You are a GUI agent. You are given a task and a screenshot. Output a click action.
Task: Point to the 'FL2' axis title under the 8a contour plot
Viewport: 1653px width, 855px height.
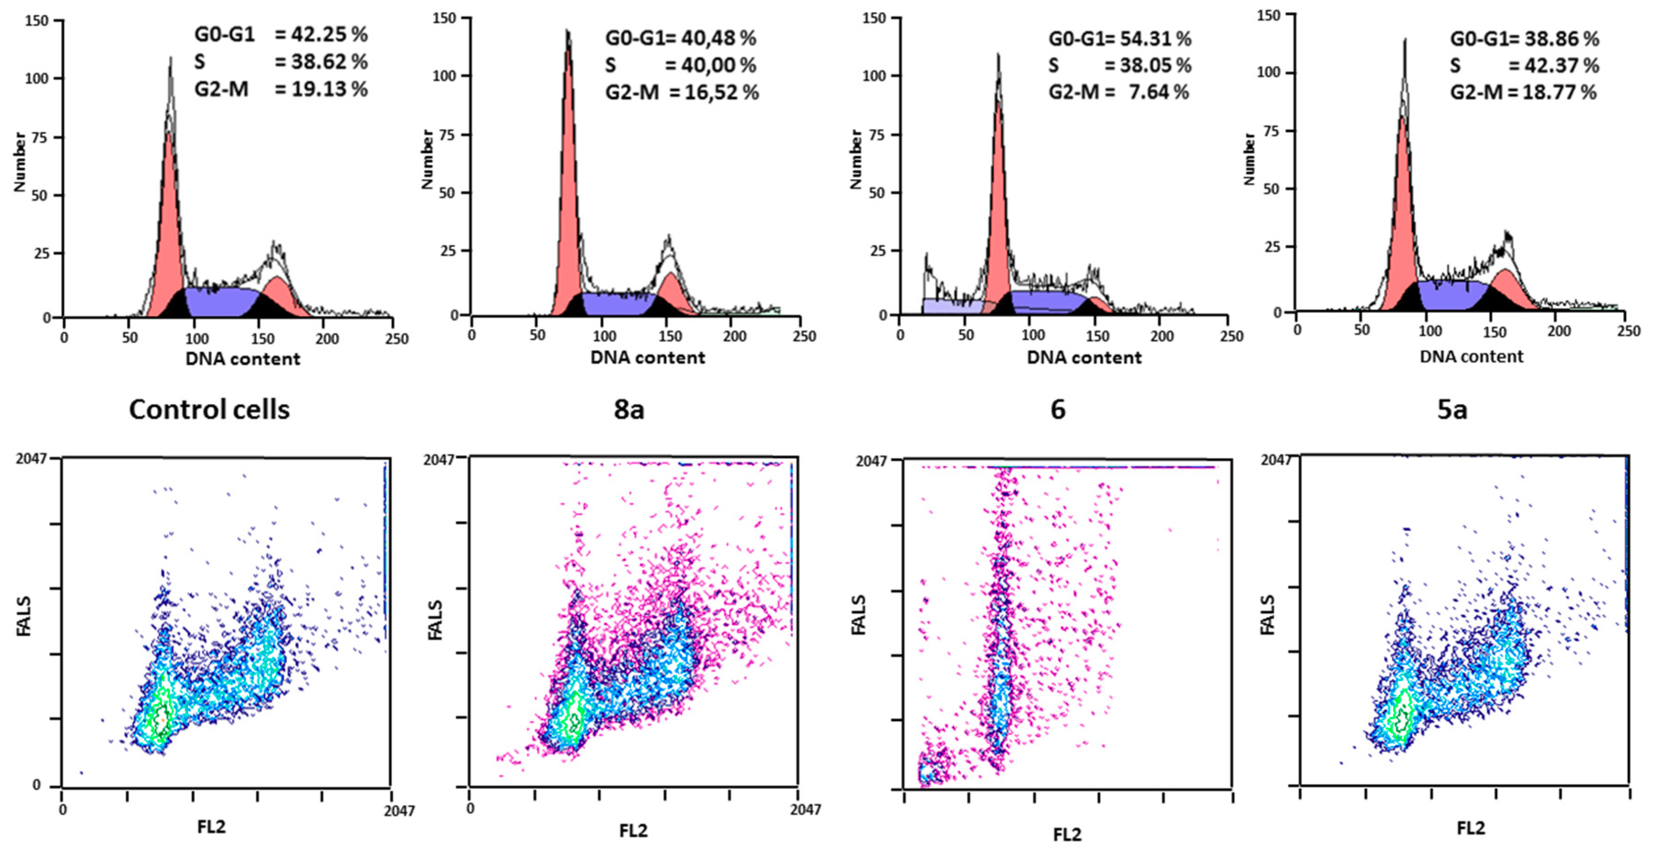click(633, 831)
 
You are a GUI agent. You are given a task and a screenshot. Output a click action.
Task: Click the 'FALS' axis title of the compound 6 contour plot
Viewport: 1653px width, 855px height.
click(858, 615)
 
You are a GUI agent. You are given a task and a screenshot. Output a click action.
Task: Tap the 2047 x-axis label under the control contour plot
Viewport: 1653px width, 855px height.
click(399, 811)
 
